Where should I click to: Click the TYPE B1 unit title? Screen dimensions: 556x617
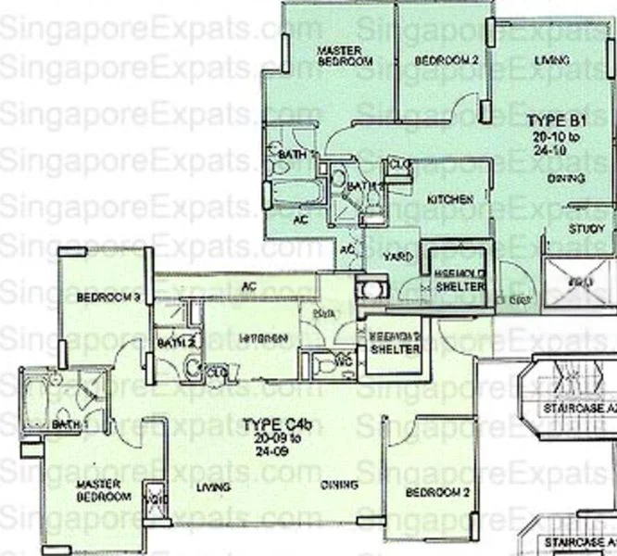[x=554, y=120]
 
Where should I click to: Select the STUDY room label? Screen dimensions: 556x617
[x=586, y=229]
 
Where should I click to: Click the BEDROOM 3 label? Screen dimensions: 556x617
[x=107, y=298]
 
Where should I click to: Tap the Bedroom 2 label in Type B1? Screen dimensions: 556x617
[x=446, y=61]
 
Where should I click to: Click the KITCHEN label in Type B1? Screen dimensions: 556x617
[x=450, y=199]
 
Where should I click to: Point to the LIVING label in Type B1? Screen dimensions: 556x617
[x=552, y=61]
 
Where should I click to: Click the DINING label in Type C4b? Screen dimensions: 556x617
[x=339, y=485]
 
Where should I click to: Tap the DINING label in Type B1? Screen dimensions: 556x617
[x=565, y=177]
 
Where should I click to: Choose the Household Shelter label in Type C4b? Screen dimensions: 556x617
[x=396, y=343]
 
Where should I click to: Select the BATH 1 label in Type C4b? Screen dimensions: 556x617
[x=68, y=424]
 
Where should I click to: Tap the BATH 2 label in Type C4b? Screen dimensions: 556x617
[x=176, y=343]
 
